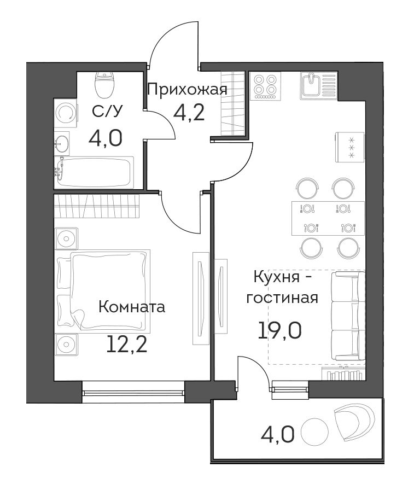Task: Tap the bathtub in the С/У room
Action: tap(94, 172)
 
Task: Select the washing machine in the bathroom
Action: tap(66, 113)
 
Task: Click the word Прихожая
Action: tap(187, 90)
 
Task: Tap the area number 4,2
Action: tap(189, 113)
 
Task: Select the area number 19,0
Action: tap(279, 330)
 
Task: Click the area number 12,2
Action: tap(126, 345)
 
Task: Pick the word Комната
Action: tap(132, 307)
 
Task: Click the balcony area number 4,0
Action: tap(278, 434)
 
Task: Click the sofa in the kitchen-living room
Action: tap(348, 316)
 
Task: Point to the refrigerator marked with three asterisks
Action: tap(350, 147)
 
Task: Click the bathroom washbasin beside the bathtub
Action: tap(62, 143)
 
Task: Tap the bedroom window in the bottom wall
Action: tap(133, 392)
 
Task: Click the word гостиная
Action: tap(282, 298)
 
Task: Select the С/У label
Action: tap(107, 111)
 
